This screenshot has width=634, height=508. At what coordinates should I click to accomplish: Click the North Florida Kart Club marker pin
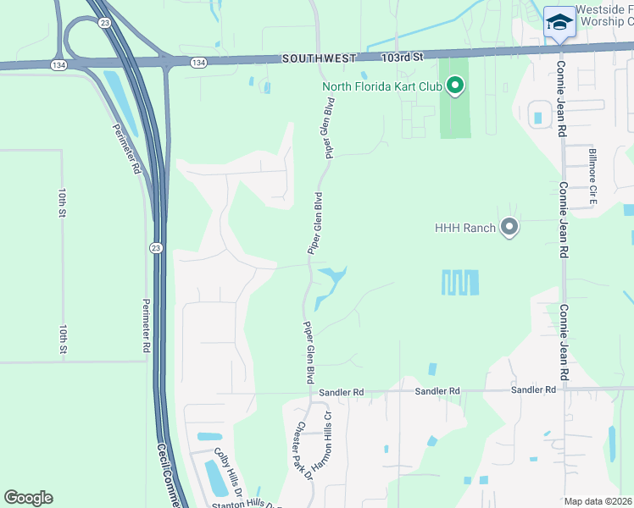click(x=455, y=86)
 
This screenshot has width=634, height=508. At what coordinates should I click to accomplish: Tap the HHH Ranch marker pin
click(x=509, y=227)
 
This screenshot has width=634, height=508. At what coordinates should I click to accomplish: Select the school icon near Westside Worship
click(x=559, y=22)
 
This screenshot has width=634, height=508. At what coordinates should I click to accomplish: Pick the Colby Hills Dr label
click(x=228, y=472)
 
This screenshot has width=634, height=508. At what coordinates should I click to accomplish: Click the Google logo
click(x=29, y=498)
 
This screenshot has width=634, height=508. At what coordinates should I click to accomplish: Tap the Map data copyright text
click(x=597, y=501)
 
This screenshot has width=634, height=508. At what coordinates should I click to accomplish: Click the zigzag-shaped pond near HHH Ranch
click(x=460, y=283)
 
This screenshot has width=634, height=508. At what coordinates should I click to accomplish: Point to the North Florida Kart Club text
click(x=384, y=86)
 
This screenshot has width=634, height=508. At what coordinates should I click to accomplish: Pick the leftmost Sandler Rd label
click(x=341, y=393)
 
